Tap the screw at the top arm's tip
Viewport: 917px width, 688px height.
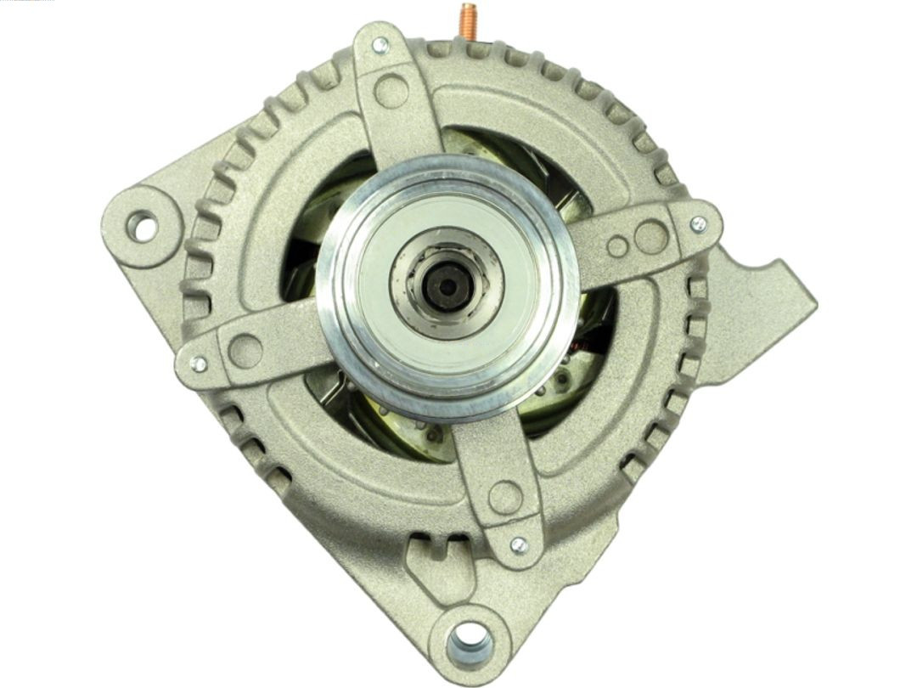[x=380, y=45]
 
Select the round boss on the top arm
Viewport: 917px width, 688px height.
[x=391, y=91]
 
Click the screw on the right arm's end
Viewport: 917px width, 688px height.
[x=698, y=224]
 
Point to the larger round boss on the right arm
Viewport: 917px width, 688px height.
[x=651, y=237]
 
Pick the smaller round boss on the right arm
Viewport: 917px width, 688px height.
[x=617, y=246]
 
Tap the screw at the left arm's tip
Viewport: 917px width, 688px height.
[x=199, y=364]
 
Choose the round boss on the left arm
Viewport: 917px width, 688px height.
[x=245, y=351]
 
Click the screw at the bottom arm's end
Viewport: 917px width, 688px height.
[x=517, y=544]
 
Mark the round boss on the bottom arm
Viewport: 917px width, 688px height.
[x=505, y=497]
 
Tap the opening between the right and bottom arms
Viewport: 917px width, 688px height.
[x=577, y=382]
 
